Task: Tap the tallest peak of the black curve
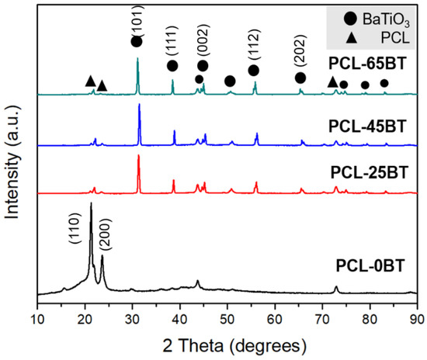pos(91,205)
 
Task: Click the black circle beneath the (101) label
pos(137,42)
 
